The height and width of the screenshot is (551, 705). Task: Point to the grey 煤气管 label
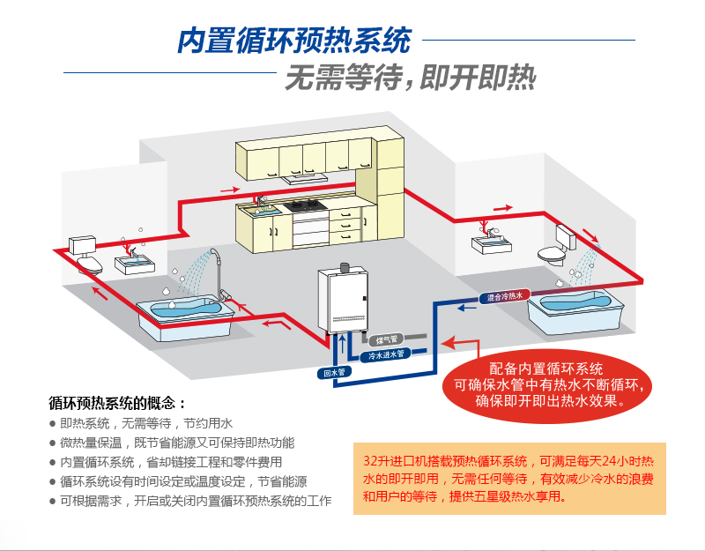[388, 339]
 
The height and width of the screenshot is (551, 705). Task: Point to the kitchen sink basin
[262, 211]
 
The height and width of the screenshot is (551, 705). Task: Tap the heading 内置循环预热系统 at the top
[294, 41]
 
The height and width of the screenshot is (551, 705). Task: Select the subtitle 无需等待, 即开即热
[410, 80]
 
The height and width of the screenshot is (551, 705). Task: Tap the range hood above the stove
[304, 177]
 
